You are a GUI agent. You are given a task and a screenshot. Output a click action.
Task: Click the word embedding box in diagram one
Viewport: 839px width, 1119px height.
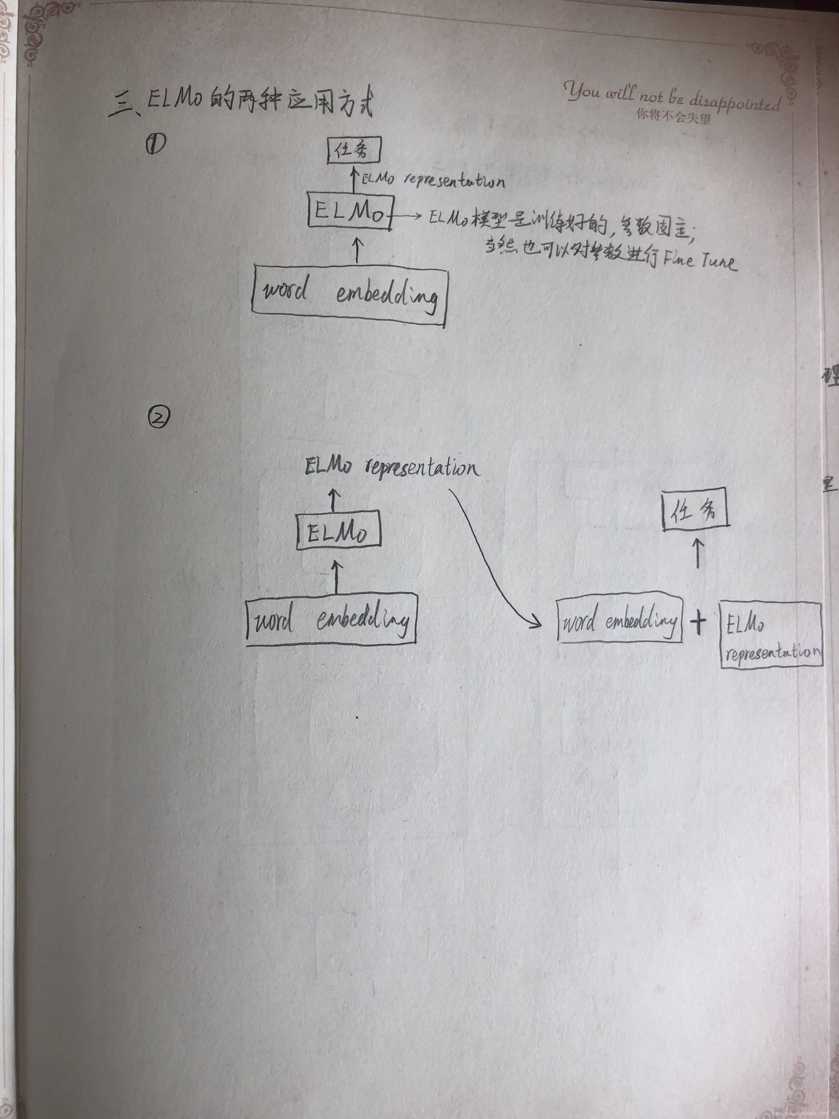click(x=350, y=296)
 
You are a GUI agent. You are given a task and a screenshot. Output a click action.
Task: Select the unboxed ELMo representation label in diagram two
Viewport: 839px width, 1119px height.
click(x=390, y=467)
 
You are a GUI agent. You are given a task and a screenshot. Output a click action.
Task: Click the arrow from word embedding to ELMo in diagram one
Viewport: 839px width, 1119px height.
click(x=358, y=250)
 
